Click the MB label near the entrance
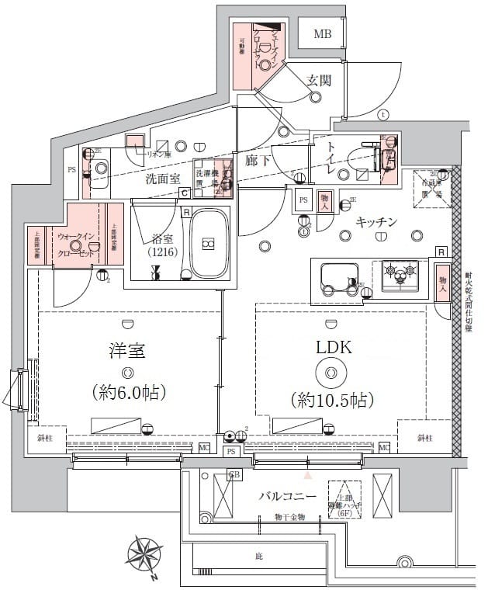(x=322, y=34)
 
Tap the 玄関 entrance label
(x=318, y=80)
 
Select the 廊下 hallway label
(x=258, y=161)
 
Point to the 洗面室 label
(x=163, y=179)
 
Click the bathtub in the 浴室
(x=207, y=244)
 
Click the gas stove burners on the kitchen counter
(x=400, y=272)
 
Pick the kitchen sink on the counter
(x=337, y=277)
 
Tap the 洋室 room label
(x=128, y=350)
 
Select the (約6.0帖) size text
(x=129, y=392)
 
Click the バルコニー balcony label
(x=286, y=496)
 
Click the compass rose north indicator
(x=145, y=557)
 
